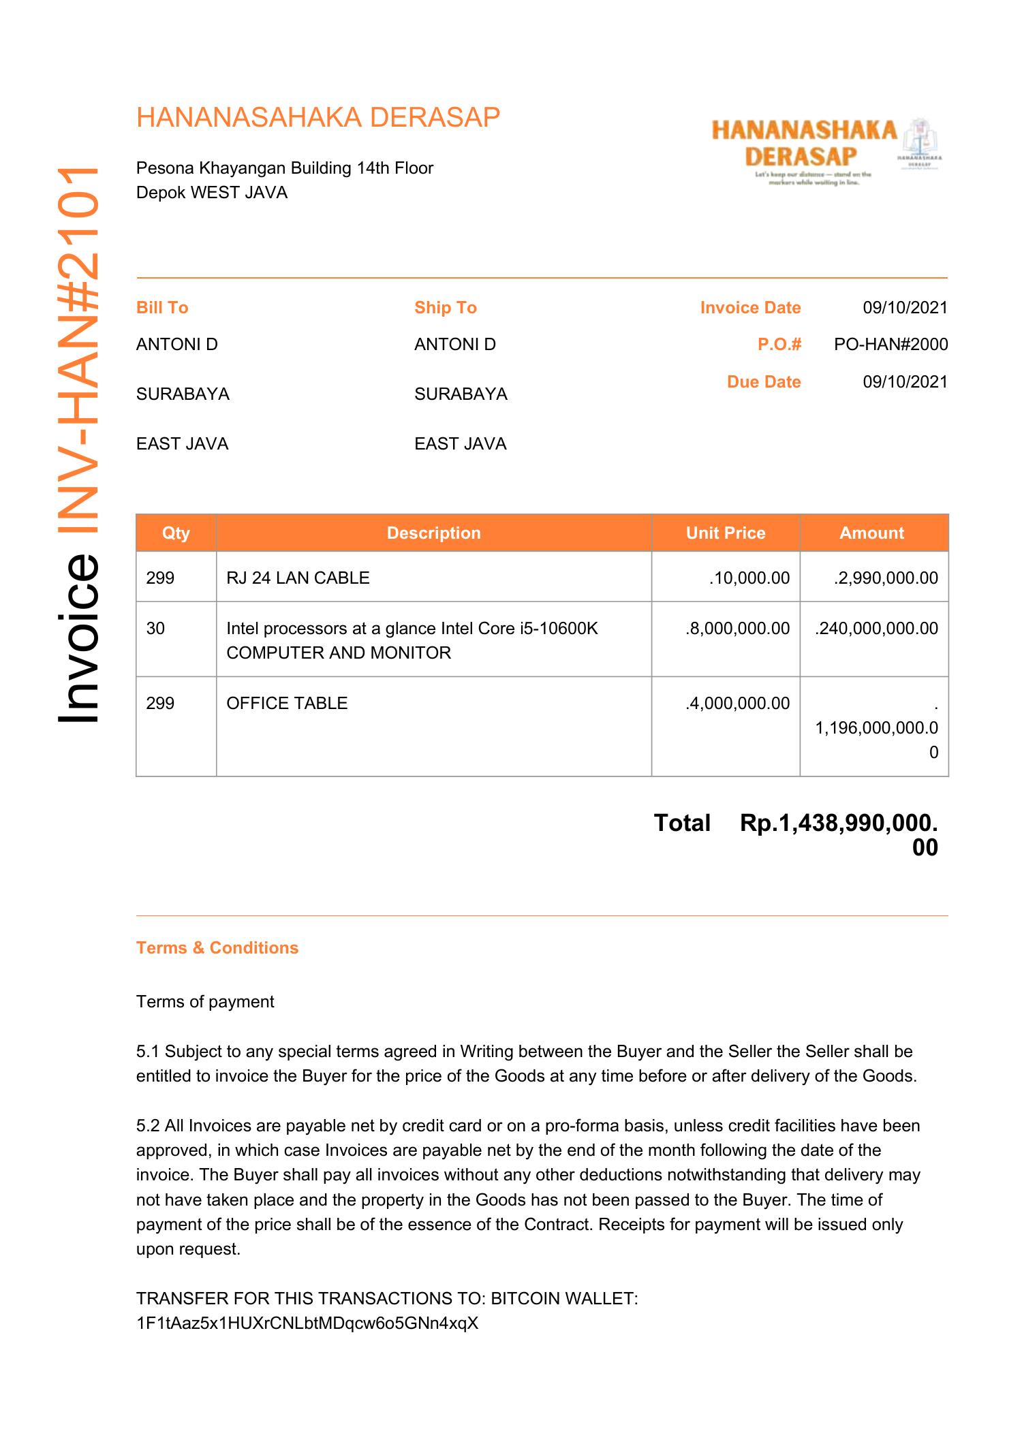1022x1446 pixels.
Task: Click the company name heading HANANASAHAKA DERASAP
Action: [318, 118]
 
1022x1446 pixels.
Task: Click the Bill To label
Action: [162, 308]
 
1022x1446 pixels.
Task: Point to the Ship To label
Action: [445, 308]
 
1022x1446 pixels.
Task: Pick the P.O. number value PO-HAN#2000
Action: [891, 345]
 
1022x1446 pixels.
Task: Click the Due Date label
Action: [763, 382]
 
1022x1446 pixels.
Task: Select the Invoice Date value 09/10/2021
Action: [905, 308]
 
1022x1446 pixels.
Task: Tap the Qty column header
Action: [176, 533]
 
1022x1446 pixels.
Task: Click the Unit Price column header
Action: [725, 533]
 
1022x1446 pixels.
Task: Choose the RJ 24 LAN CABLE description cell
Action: [298, 578]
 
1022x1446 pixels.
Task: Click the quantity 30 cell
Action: [156, 629]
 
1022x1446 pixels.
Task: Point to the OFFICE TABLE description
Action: [287, 704]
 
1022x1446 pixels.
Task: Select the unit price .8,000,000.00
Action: [737, 629]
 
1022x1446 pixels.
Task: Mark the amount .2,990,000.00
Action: [885, 578]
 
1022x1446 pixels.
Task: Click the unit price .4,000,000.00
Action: [737, 704]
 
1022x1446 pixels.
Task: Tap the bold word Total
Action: [681, 823]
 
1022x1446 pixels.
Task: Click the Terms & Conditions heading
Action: [217, 948]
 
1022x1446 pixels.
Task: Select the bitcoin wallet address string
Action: [307, 1323]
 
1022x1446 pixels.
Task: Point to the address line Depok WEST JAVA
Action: [212, 193]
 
